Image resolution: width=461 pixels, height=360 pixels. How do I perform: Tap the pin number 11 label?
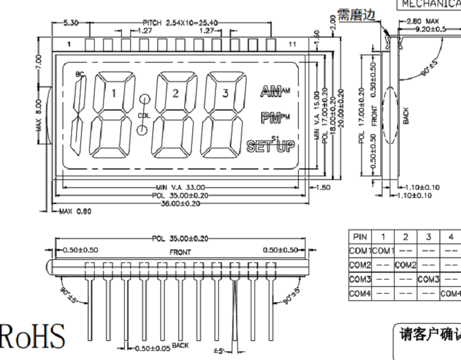pyautogui.click(x=293, y=44)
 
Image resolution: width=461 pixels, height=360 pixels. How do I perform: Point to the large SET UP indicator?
pyautogui.click(x=270, y=146)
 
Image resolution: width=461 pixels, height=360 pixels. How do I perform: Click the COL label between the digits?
pyautogui.click(x=143, y=115)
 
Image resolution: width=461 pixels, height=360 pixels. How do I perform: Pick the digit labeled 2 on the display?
pyautogui.click(x=175, y=93)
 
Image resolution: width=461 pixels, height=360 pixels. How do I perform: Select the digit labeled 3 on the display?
pyautogui.click(x=225, y=93)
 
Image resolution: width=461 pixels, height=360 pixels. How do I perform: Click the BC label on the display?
pyautogui.click(x=79, y=74)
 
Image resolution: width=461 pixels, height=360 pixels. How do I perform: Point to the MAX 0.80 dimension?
pyautogui.click(x=75, y=212)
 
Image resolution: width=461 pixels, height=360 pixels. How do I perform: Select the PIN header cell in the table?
pyautogui.click(x=360, y=237)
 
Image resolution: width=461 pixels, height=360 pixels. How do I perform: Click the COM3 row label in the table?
pyautogui.click(x=360, y=279)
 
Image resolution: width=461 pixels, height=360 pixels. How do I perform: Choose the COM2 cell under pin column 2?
pyautogui.click(x=406, y=265)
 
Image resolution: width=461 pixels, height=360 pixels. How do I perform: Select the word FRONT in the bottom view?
pyautogui.click(x=180, y=252)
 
